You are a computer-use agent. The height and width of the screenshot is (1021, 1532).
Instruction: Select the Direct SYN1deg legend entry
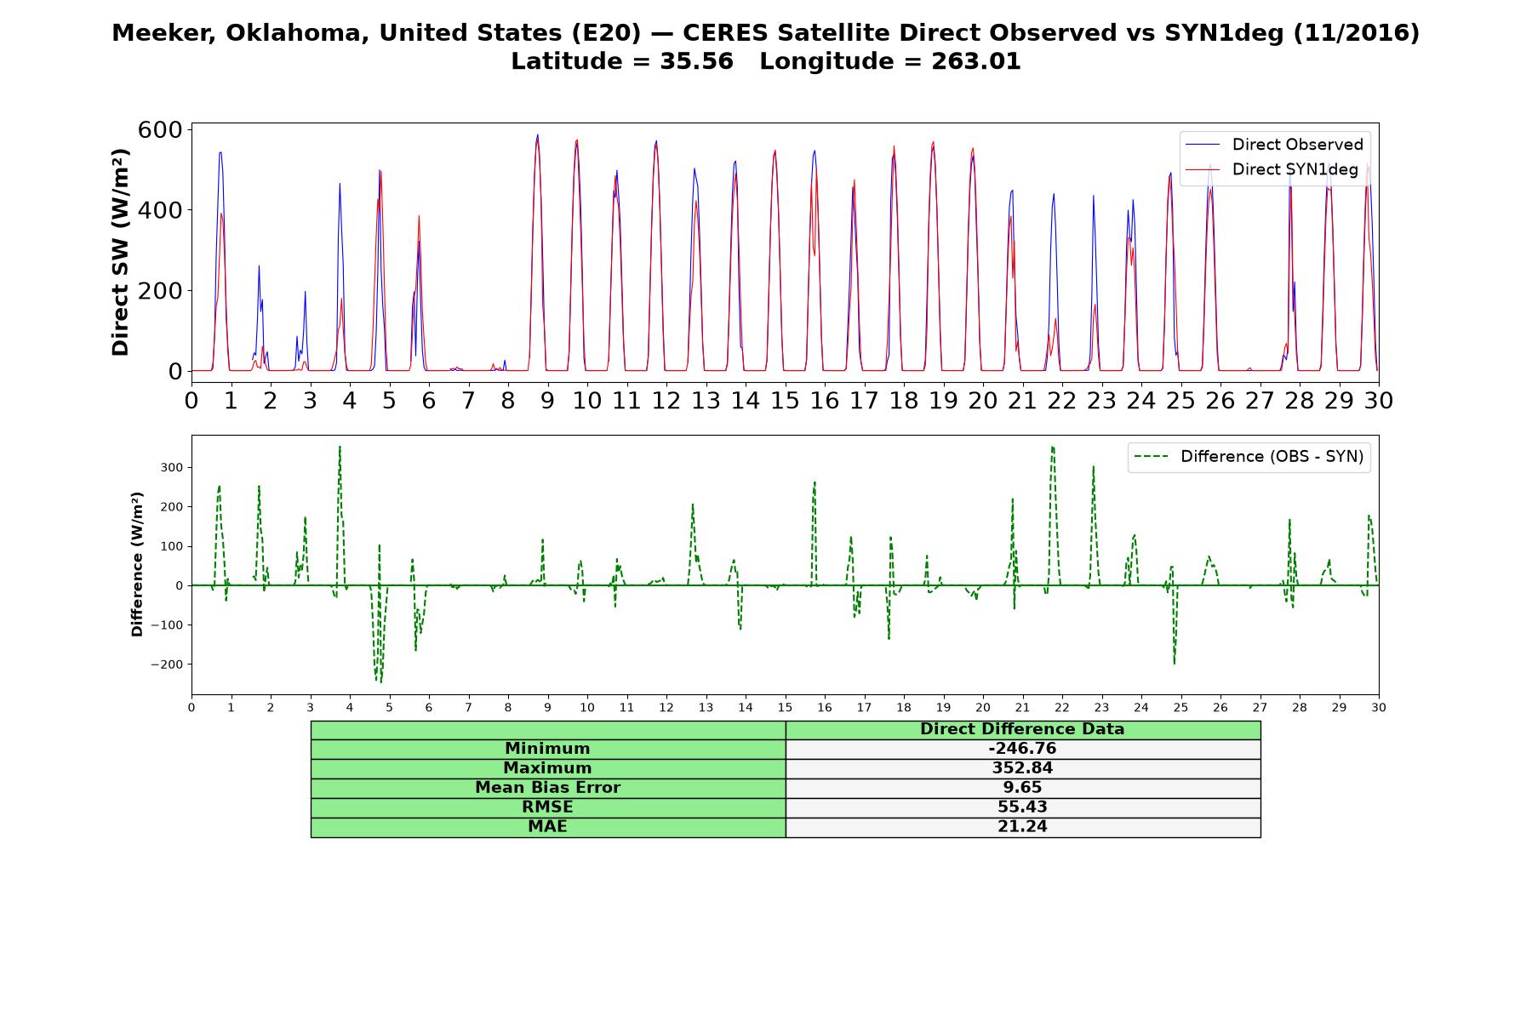[1272, 169]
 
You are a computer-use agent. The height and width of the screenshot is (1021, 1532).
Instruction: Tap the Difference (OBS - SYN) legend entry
[1249, 457]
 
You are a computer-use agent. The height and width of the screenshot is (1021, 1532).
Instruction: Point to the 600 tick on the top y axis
[161, 129]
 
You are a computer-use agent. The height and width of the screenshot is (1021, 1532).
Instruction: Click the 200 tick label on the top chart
[161, 290]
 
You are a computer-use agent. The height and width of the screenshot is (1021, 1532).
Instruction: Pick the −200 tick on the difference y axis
[168, 665]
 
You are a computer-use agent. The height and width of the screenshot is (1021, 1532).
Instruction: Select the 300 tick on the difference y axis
[172, 467]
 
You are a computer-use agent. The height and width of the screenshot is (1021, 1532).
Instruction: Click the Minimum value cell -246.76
[1022, 749]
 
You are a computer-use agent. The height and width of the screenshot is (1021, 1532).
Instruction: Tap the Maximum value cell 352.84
[1022, 768]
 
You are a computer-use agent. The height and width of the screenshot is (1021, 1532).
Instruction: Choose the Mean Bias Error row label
[547, 788]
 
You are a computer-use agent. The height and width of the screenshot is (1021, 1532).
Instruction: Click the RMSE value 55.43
[1022, 807]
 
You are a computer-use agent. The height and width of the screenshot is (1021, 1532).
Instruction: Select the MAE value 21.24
[1022, 827]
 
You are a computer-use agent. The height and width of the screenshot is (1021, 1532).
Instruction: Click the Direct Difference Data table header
[1022, 729]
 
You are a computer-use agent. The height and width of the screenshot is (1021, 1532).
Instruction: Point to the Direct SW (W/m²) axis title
[120, 252]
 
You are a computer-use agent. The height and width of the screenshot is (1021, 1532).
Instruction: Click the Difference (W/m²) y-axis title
[137, 564]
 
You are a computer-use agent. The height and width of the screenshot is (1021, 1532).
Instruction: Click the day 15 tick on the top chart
[785, 399]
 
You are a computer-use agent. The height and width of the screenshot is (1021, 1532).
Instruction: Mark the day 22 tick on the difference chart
[1061, 707]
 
